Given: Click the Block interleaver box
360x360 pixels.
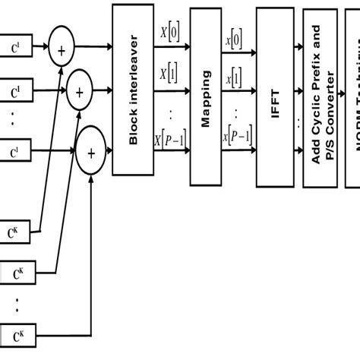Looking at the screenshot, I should point(133,89).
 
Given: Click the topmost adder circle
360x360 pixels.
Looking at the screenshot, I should point(62,50).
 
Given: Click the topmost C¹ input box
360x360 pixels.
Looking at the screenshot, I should point(14,50).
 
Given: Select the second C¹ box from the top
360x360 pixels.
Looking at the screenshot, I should point(14,93).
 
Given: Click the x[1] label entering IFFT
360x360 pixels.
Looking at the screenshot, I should point(235,78).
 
